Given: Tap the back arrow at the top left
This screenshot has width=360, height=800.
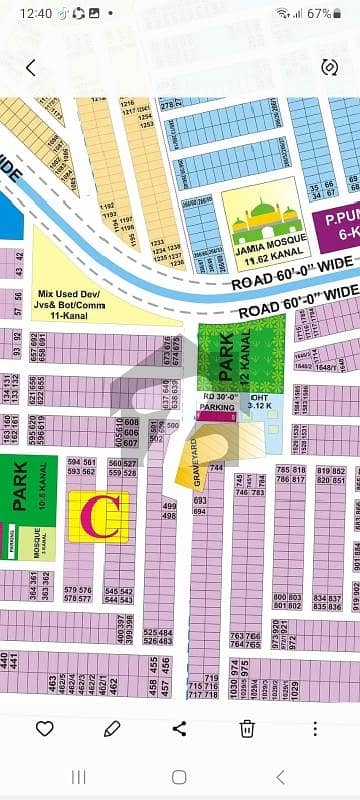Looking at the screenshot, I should tap(31, 68).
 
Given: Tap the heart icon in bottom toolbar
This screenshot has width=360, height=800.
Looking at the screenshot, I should tap(44, 728).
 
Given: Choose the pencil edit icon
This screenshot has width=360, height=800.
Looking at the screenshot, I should tap(111, 728).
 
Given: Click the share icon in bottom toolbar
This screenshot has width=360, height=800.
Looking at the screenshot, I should tap(179, 728).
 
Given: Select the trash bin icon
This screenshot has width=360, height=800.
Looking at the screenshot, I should tap(247, 728).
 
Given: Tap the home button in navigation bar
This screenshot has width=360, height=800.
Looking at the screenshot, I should tap(179, 777).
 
